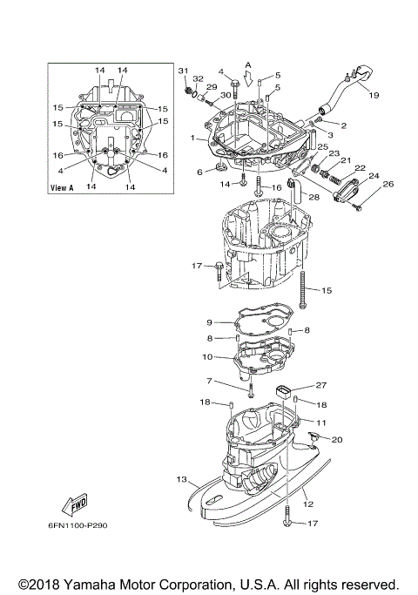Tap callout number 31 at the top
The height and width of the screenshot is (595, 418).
183,70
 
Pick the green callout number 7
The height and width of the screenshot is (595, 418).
208,381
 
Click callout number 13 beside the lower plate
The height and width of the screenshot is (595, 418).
182,479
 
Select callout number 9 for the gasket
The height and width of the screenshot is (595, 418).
209,322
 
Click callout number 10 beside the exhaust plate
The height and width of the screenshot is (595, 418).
207,357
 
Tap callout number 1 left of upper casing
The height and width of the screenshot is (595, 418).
192,138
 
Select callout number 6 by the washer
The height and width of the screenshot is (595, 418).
199,172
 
